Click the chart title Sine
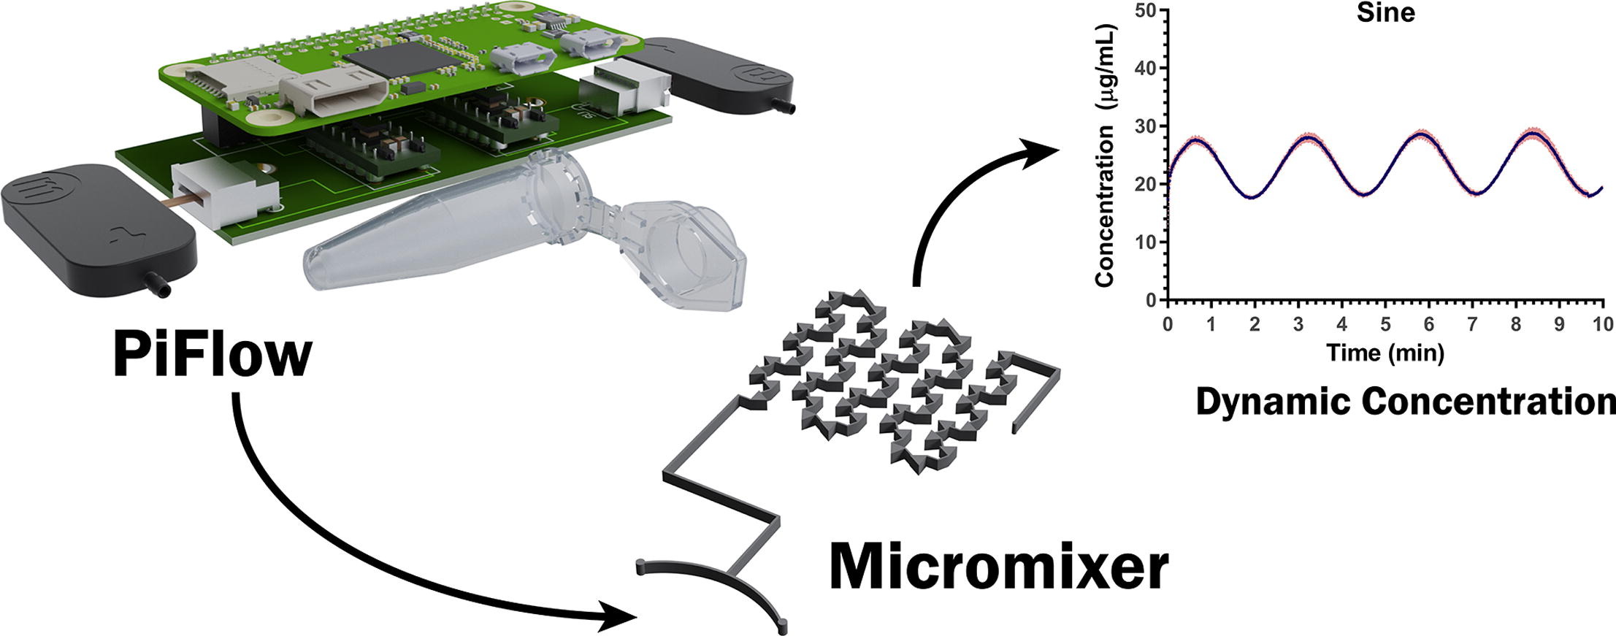coord(1385,12)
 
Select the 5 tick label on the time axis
coord(1385,323)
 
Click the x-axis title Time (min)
coord(1385,353)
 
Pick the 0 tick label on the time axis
coord(1168,323)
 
